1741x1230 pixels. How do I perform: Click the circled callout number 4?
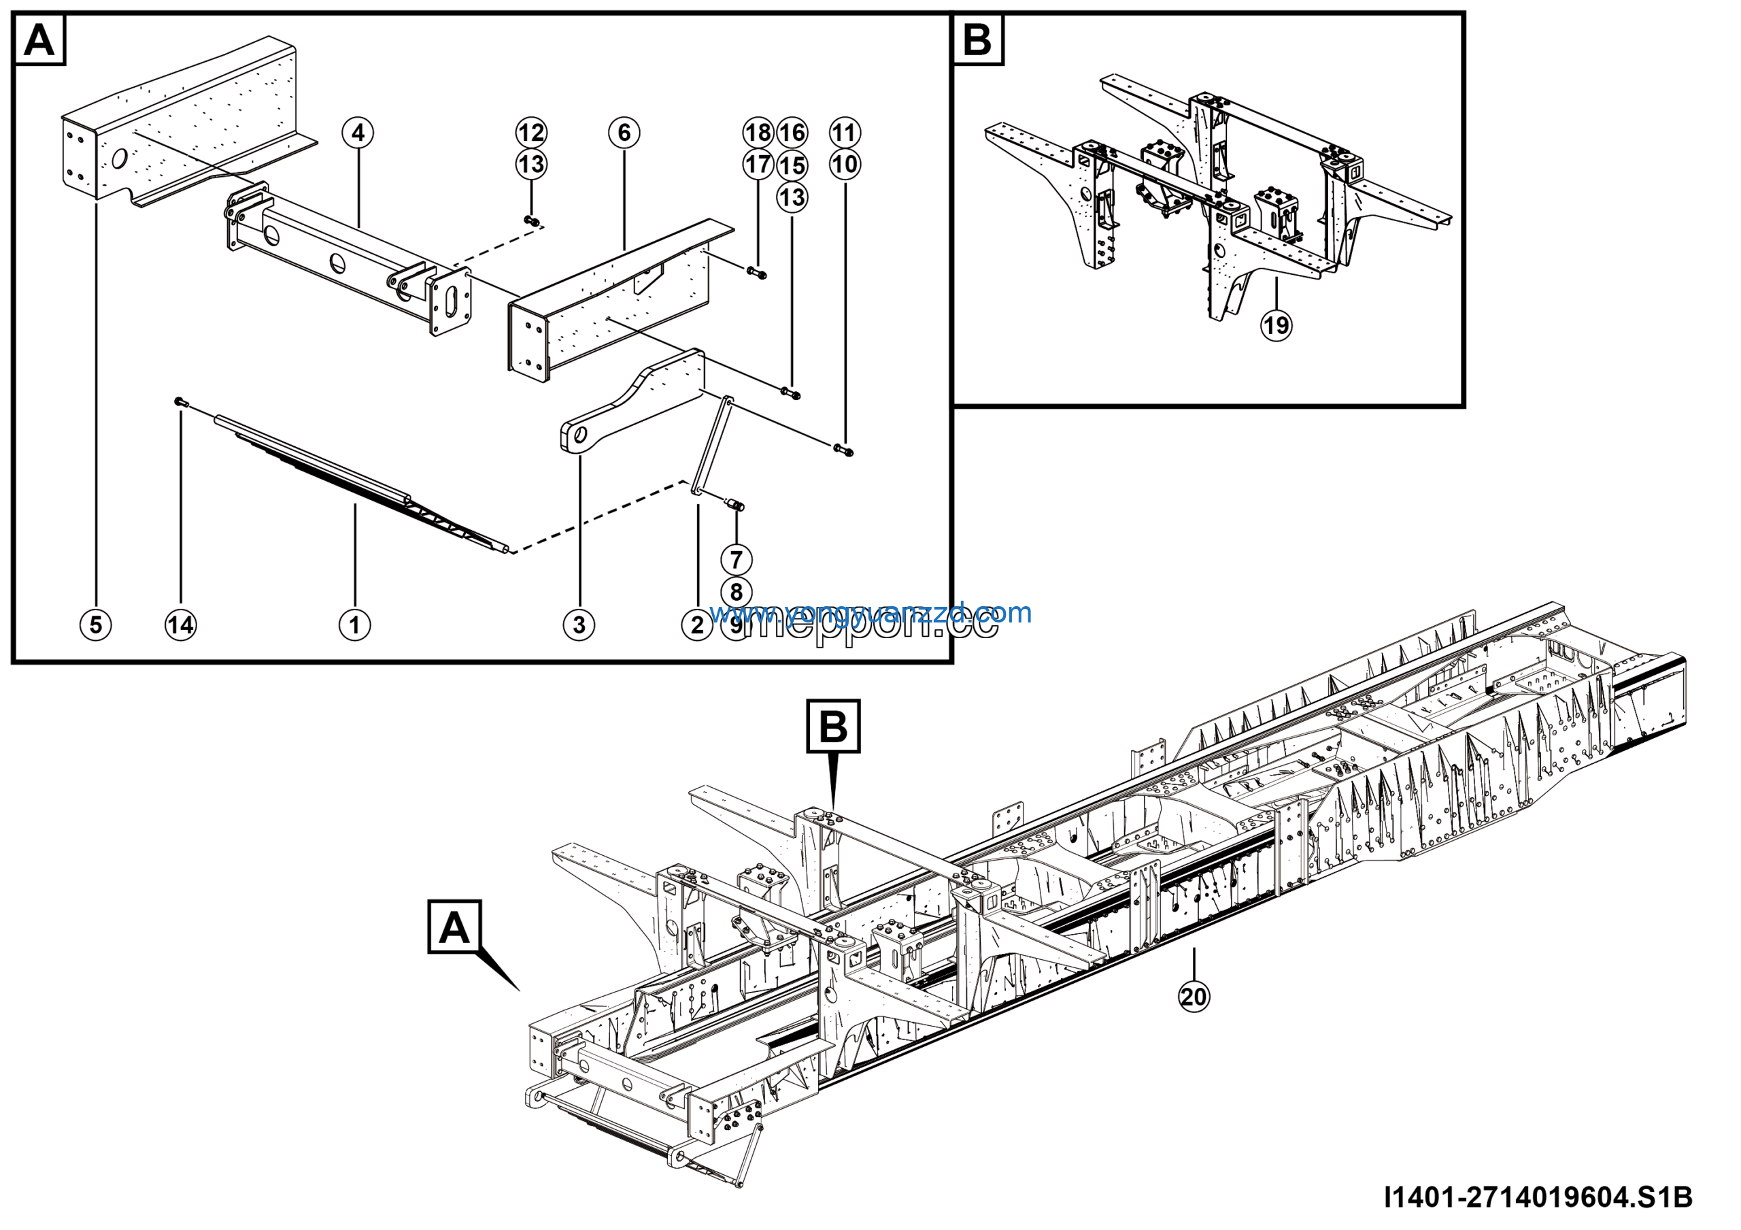[x=358, y=133]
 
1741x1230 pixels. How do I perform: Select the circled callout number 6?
[x=624, y=133]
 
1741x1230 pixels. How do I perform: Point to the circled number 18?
[x=758, y=133]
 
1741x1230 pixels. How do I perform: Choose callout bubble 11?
[x=845, y=133]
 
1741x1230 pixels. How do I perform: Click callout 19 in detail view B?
[x=1277, y=325]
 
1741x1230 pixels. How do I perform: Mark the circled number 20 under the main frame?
[x=1194, y=996]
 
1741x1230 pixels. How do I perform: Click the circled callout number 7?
[x=736, y=560]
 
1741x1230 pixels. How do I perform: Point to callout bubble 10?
[x=845, y=165]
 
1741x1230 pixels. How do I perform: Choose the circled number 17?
[x=758, y=165]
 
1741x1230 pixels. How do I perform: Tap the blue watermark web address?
[x=870, y=612]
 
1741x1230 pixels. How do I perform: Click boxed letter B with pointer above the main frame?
[x=833, y=726]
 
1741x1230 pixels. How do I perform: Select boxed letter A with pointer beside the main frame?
[x=454, y=926]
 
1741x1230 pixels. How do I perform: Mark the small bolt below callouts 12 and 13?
[x=533, y=220]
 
